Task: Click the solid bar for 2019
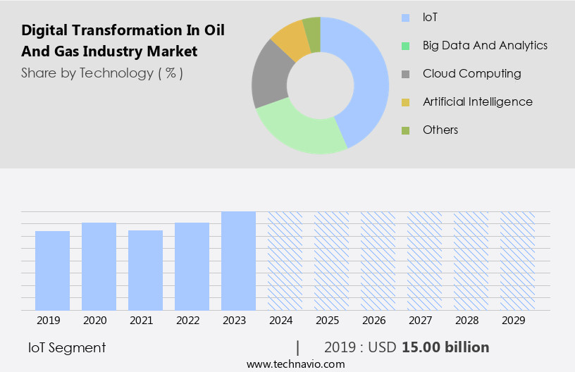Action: pos(52,271)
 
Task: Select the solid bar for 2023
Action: pos(238,261)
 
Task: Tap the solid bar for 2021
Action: pos(145,270)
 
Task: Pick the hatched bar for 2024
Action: pos(285,261)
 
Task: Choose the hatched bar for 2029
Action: pos(517,261)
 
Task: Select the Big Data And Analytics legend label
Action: pos(485,45)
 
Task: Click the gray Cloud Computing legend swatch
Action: pos(405,74)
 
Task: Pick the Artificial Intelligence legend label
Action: pos(477,101)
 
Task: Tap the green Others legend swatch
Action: pos(405,130)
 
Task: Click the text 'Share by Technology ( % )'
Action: pos(102,73)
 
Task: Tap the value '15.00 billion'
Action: pos(445,347)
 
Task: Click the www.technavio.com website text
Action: pos(295,364)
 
